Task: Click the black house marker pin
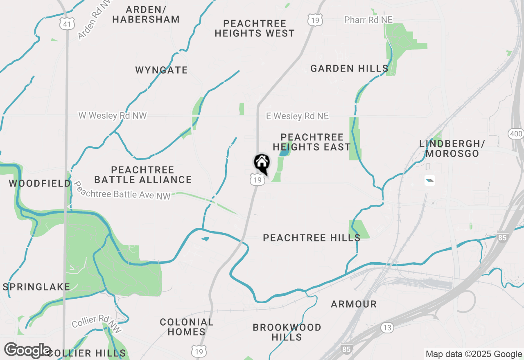262,163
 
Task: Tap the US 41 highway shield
67,24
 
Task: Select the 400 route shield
516,134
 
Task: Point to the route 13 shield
387,328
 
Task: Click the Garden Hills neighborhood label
349,68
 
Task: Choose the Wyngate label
161,70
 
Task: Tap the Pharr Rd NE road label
368,20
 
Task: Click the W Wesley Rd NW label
113,116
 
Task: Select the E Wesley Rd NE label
297,116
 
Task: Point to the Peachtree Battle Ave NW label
122,191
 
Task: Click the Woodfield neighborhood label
40,183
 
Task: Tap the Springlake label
36,287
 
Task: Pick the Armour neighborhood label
354,304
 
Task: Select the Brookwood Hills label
287,332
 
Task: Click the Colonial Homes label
187,327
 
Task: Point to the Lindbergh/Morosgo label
452,148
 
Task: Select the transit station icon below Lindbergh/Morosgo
429,180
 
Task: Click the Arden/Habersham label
146,14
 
